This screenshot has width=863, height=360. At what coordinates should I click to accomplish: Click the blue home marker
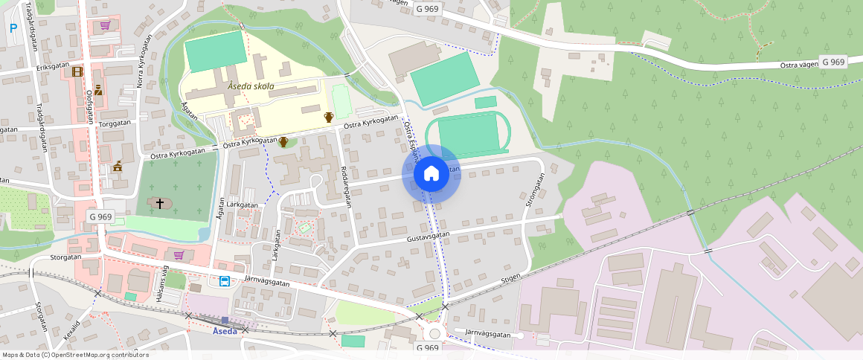(x=431, y=174)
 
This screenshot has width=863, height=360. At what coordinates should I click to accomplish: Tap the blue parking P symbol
(x=13, y=28)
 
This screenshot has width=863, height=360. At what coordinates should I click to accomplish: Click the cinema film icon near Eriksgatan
(x=78, y=71)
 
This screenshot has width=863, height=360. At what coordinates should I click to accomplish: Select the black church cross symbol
(x=159, y=202)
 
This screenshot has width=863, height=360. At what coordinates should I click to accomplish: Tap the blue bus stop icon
(x=224, y=281)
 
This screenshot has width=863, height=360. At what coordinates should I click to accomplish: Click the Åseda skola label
(x=251, y=86)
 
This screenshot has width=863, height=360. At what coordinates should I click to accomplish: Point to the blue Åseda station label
(x=225, y=331)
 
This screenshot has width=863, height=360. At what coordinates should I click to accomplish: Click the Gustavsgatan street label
(x=429, y=237)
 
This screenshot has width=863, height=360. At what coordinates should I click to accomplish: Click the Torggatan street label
(x=115, y=123)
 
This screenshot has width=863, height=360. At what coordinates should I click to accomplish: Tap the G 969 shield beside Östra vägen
(x=833, y=62)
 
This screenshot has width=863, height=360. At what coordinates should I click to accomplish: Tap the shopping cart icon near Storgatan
(x=178, y=255)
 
